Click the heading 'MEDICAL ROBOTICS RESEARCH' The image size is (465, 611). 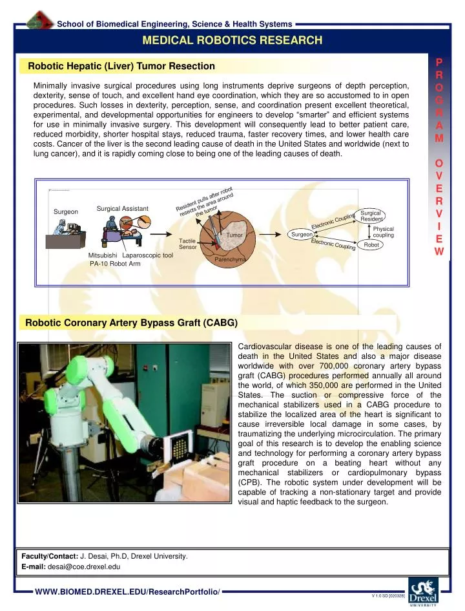tap(232, 40)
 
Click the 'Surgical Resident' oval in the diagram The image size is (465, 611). tap(371, 216)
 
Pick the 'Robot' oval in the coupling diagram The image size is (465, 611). tap(371, 245)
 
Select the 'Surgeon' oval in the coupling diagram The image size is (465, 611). tap(302, 234)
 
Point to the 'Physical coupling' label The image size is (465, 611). tap(384, 232)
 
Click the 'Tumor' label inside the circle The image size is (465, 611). tap(233, 235)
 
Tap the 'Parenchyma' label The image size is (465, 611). tap(231, 259)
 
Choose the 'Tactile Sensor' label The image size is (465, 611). tap(187, 244)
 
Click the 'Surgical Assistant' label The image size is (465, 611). tap(123, 208)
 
